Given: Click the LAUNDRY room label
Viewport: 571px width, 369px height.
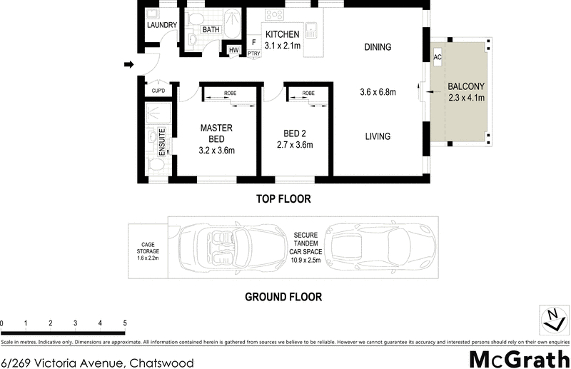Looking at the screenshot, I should click(x=161, y=25).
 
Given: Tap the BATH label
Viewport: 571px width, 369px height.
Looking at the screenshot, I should click(x=211, y=30).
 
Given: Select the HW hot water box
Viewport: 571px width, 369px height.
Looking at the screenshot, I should click(x=233, y=49).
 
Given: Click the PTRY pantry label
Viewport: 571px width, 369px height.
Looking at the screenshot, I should click(x=253, y=54).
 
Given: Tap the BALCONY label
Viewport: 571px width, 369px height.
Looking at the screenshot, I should click(x=466, y=87).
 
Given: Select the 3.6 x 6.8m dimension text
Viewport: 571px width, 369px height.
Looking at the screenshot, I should click(x=378, y=92).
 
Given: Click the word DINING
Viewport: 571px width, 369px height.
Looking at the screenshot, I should click(x=378, y=48).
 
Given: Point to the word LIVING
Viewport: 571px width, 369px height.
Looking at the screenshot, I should click(x=378, y=136).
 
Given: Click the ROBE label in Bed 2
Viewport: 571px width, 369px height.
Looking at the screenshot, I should click(x=308, y=93).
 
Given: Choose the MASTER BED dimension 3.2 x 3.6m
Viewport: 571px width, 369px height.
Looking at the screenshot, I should click(x=217, y=150).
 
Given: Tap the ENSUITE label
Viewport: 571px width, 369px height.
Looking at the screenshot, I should click(x=162, y=141).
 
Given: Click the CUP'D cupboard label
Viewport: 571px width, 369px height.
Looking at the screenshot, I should click(x=158, y=91).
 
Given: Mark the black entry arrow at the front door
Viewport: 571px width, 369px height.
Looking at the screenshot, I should click(x=129, y=65).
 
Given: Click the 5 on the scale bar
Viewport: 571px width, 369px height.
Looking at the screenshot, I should click(x=125, y=323).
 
